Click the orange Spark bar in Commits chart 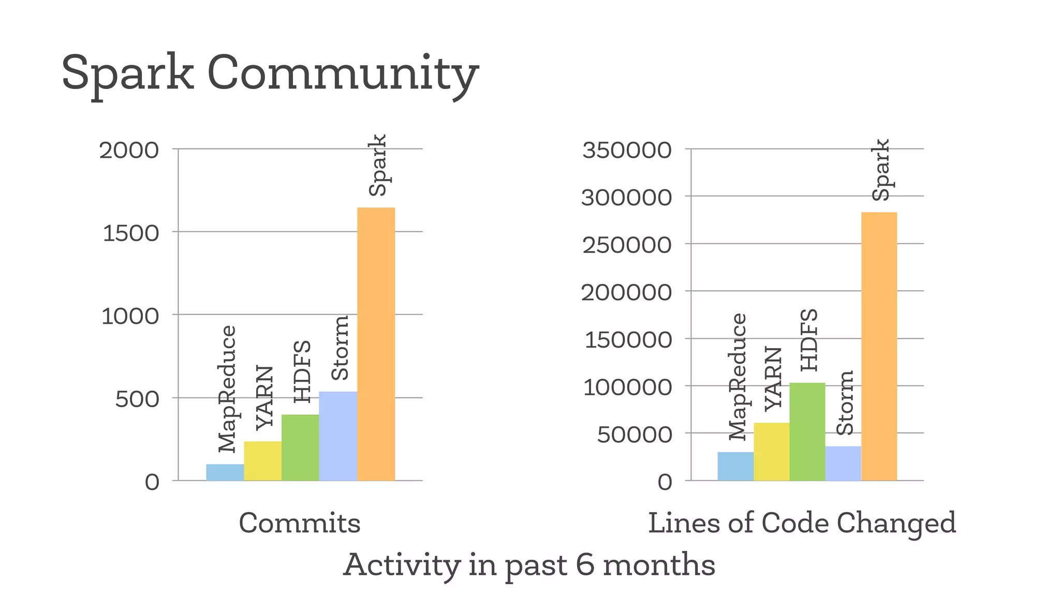coord(376,344)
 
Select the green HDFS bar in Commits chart coord(300,448)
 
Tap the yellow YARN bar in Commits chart coord(262,461)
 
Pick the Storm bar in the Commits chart coord(338,436)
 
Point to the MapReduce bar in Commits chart coord(225,472)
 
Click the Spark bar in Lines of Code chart coord(879,347)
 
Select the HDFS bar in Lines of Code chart coord(807,431)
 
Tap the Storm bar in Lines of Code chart coord(843,464)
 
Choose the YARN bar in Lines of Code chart coord(771,452)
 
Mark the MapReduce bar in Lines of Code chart coord(735,466)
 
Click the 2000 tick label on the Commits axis coord(129,151)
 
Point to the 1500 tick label coord(131,233)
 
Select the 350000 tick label coord(627,151)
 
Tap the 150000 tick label coord(628,340)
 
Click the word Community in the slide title coord(343,74)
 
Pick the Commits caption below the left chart coord(299,523)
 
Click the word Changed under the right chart coord(896,523)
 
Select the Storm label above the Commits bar coord(340,348)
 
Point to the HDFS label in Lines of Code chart coord(809,340)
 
